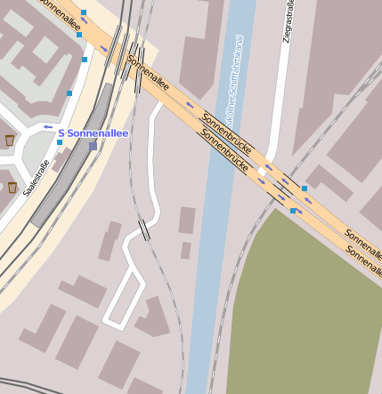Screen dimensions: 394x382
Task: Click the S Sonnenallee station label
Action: coord(93,133)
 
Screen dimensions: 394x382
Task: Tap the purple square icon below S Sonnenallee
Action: coord(93,146)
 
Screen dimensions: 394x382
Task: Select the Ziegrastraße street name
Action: coord(287,20)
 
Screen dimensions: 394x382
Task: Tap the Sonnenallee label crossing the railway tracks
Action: coord(148,74)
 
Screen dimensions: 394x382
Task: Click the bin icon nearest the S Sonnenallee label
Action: coord(10,140)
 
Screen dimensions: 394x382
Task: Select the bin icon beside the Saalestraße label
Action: coord(12,187)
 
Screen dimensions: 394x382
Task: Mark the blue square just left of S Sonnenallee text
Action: coord(60,142)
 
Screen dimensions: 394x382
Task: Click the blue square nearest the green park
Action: coord(293,211)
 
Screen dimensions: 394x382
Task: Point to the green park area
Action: coord(303,311)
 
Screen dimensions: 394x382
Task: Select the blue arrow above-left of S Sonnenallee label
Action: coord(47,126)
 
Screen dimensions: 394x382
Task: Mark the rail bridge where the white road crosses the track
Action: coord(144,229)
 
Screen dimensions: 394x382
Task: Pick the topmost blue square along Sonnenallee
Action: coord(84,12)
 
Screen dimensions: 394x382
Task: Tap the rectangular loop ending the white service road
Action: coord(125,298)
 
